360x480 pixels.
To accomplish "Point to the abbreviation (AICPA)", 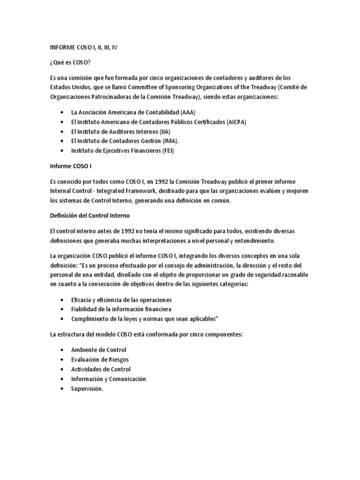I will click(x=237, y=122).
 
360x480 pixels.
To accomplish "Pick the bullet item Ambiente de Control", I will click(x=98, y=350).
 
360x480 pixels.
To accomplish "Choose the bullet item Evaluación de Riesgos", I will click(x=99, y=359).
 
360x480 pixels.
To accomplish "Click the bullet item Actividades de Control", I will click(x=100, y=369).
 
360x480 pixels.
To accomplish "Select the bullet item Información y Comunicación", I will click(x=108, y=378).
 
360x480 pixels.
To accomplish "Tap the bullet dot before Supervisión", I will click(x=63, y=389).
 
